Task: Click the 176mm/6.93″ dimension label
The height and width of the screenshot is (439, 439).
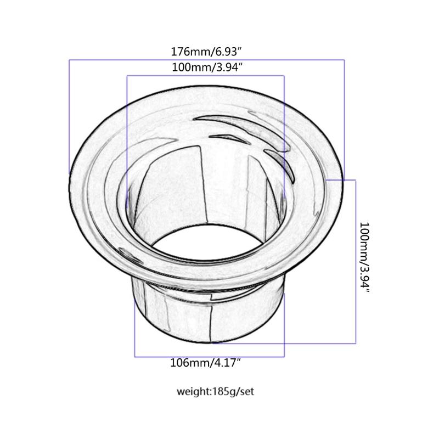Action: [x=207, y=52]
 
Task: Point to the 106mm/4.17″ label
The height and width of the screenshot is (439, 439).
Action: [x=207, y=363]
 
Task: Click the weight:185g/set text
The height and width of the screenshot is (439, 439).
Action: [x=215, y=392]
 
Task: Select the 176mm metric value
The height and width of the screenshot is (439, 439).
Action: [x=187, y=52]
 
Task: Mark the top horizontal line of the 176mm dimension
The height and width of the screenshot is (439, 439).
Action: [x=207, y=60]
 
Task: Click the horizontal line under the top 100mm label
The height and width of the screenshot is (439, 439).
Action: [x=207, y=76]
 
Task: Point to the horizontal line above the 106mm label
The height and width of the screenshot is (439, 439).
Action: [x=210, y=357]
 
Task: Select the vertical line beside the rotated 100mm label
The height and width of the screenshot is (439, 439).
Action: [x=356, y=261]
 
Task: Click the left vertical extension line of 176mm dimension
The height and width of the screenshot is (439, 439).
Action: [x=69, y=115]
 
